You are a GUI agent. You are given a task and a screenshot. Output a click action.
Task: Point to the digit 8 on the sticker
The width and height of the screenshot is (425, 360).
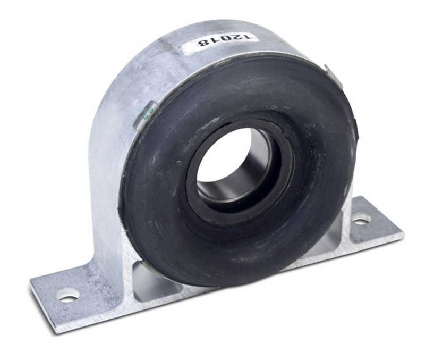point(202,43)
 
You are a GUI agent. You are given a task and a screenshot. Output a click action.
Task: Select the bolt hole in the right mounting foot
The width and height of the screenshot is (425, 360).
point(362,218)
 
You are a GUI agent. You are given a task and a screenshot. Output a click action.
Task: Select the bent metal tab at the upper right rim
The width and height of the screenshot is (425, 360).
point(334,76)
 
